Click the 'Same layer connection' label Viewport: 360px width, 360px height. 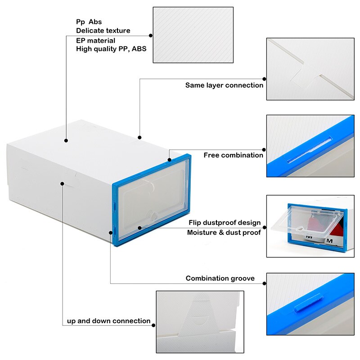point(224,85)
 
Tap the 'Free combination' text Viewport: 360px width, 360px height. point(233,155)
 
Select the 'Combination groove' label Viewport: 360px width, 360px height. point(220,279)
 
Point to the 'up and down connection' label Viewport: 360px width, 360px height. point(108,321)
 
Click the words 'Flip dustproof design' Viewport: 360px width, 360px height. point(225,223)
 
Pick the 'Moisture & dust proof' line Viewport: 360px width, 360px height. point(224,233)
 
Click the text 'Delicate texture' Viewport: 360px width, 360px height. point(103,31)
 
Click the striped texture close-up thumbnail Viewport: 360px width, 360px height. point(193,35)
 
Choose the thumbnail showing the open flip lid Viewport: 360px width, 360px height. point(310,226)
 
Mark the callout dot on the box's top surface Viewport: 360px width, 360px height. point(67,140)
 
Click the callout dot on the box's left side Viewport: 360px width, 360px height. point(62,183)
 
